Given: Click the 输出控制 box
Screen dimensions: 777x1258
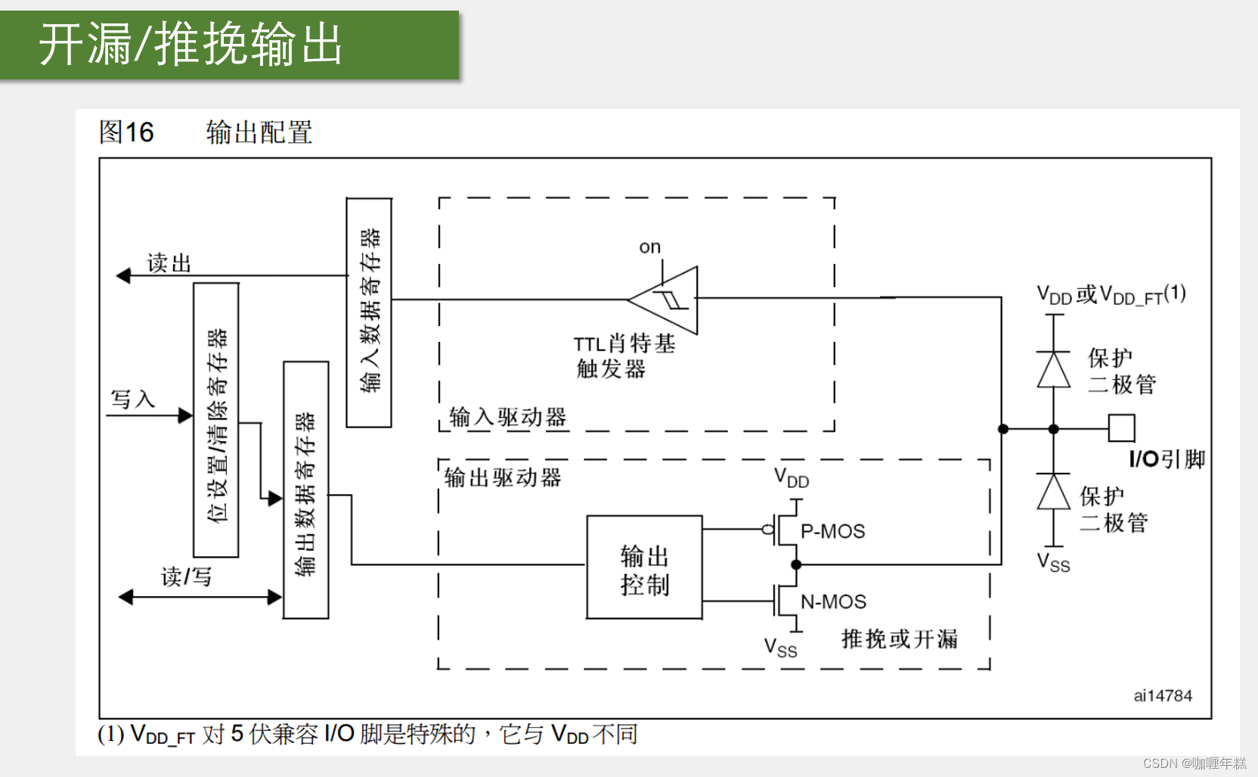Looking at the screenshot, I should click(644, 568).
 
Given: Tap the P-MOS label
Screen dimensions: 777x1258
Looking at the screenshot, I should click(832, 531).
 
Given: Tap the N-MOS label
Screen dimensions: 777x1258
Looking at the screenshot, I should click(833, 601).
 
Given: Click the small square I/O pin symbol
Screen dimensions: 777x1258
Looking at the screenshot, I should click(1121, 428).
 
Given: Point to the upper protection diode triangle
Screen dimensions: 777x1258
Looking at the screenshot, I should click(1053, 370).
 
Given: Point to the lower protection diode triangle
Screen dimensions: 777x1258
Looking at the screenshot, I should click(1053, 493).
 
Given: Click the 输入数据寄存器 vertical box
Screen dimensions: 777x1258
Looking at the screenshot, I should click(369, 312).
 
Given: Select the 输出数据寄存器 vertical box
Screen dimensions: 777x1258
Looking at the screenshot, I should click(305, 490).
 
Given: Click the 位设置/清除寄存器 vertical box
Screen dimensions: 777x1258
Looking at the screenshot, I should click(216, 421).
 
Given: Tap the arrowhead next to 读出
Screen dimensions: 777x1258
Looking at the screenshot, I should click(123, 276).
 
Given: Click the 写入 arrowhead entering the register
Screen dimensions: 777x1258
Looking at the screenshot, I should click(185, 415).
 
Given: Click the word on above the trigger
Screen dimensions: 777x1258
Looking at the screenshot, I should click(649, 247).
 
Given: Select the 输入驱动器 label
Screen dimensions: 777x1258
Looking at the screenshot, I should click(507, 417).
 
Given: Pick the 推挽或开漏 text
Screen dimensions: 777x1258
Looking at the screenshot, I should click(899, 639).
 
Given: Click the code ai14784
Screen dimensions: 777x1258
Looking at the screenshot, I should click(1162, 696).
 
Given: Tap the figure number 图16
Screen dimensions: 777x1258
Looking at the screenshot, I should click(126, 132).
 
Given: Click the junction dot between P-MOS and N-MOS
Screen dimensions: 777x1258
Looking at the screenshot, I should click(795, 564).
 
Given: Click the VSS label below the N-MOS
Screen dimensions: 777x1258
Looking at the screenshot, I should click(780, 648).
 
